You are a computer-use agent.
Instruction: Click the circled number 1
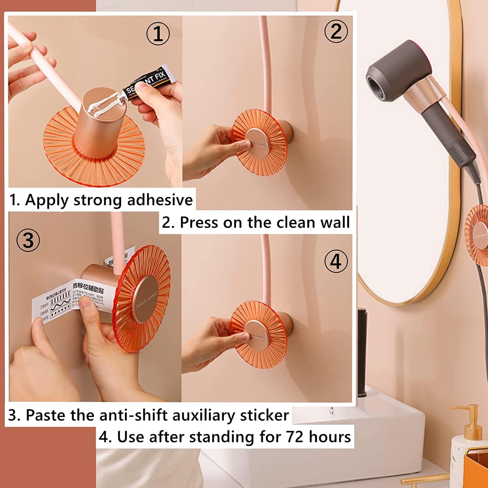[x=158, y=34]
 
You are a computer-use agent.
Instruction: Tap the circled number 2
[x=336, y=32]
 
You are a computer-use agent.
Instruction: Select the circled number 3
[x=28, y=240]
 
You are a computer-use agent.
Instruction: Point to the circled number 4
[x=336, y=261]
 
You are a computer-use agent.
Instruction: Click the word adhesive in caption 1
[x=160, y=200]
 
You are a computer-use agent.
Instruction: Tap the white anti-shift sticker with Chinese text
[x=70, y=299]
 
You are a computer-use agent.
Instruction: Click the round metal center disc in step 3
[x=147, y=299]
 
